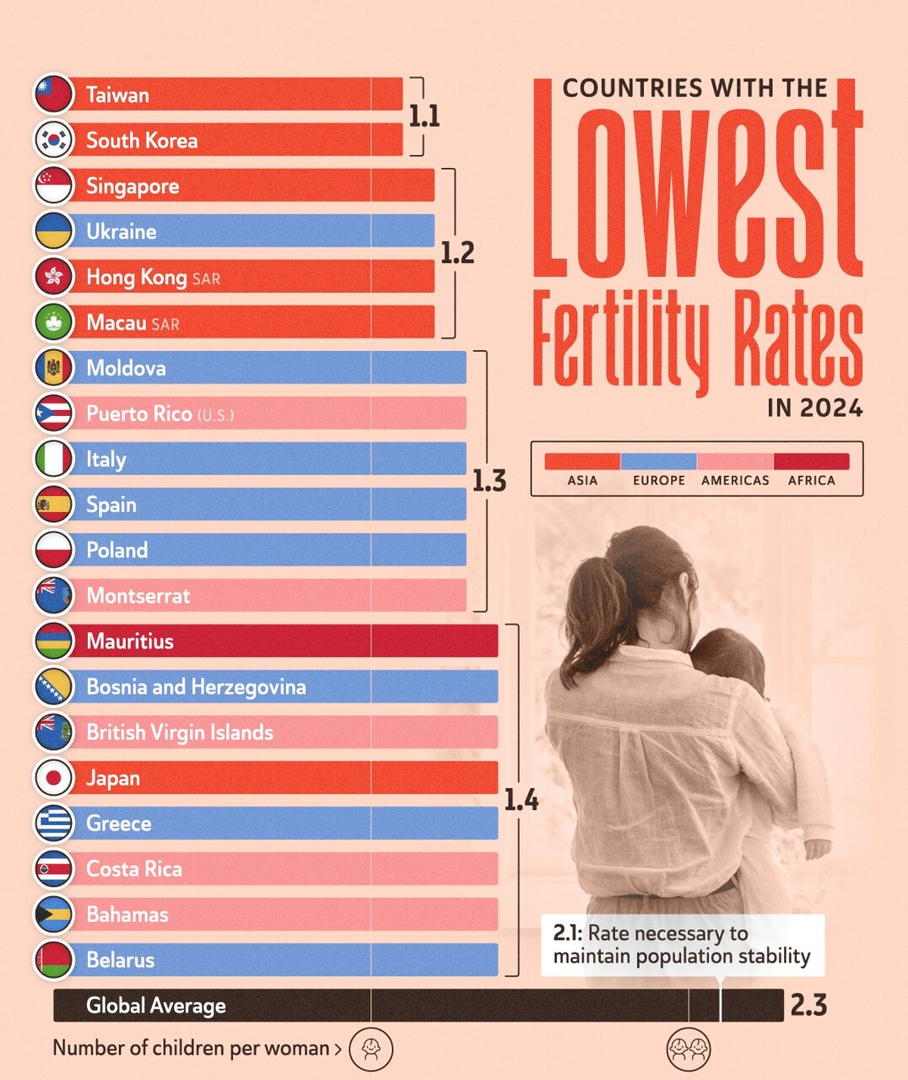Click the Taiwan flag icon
tap(54, 94)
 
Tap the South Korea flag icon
tap(54, 140)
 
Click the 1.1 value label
tap(424, 116)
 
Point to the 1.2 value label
tap(457, 252)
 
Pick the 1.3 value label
tap(489, 481)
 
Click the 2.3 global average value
tap(808, 1006)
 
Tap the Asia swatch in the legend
tap(582, 462)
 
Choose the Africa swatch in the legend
tap(811, 462)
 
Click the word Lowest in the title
tap(697, 181)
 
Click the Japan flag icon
tap(54, 778)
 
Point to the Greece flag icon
tap(54, 823)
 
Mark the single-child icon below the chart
tap(370, 1049)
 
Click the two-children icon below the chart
tap(689, 1049)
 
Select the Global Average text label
tap(156, 1006)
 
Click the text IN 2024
tap(815, 408)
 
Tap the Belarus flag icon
tap(54, 960)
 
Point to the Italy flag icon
tap(54, 459)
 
